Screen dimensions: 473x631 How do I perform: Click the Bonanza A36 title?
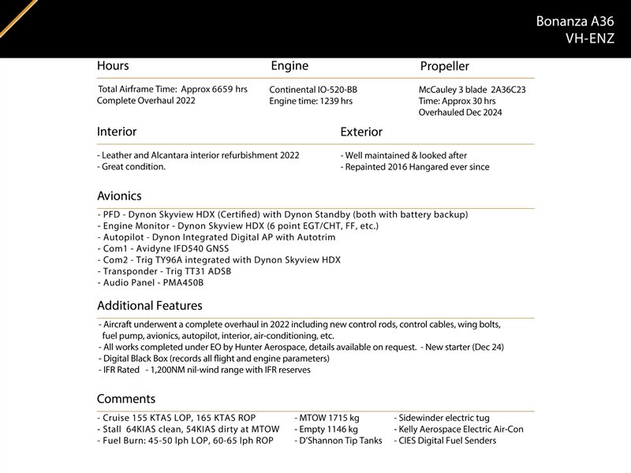(x=574, y=20)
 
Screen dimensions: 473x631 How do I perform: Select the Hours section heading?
(x=113, y=66)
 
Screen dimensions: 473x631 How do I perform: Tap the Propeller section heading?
(x=444, y=67)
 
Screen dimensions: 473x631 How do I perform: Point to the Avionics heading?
(x=119, y=196)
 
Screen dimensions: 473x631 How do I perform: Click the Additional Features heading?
(x=149, y=305)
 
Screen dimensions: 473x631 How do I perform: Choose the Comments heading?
(x=126, y=399)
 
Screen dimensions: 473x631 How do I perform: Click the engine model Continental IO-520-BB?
(x=313, y=90)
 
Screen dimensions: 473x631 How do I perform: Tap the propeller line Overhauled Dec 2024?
(x=460, y=113)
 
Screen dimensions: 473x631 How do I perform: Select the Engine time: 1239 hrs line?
(x=311, y=102)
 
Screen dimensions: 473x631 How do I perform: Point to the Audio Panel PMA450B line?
(x=151, y=282)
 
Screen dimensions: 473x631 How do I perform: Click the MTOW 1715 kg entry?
(x=327, y=418)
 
